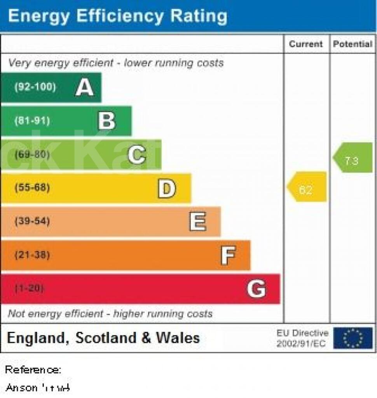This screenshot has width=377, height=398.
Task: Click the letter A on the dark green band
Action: pyautogui.click(x=84, y=87)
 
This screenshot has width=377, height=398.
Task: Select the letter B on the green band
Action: pyautogui.click(x=106, y=121)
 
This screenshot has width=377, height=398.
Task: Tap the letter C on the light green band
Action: pyautogui.click(x=137, y=155)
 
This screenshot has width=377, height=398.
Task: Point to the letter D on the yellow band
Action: pyautogui.click(x=166, y=189)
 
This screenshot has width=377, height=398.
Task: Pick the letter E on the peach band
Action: pyautogui.click(x=197, y=222)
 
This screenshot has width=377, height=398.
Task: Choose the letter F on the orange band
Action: pyautogui.click(x=228, y=255)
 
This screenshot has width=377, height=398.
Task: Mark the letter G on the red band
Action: pyautogui.click(x=256, y=289)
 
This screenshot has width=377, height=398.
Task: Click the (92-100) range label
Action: pyautogui.click(x=35, y=87)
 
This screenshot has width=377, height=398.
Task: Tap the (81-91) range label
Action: pyautogui.click(x=32, y=121)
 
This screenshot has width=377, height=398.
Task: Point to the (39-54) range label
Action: pyautogui.click(x=32, y=222)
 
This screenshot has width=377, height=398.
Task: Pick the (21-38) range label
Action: pyautogui.click(x=32, y=255)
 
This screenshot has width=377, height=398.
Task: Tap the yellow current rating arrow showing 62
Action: pyautogui.click(x=307, y=187)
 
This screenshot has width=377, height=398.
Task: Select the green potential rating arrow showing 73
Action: pyautogui.click(x=353, y=157)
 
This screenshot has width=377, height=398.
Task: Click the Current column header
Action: pyautogui.click(x=306, y=44)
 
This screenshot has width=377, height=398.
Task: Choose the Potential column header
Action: pyautogui.click(x=353, y=44)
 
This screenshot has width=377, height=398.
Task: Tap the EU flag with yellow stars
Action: pyautogui.click(x=353, y=338)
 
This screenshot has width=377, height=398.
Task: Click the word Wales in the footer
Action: pyautogui.click(x=178, y=338)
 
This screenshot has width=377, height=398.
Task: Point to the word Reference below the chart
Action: pyautogui.click(x=33, y=370)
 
